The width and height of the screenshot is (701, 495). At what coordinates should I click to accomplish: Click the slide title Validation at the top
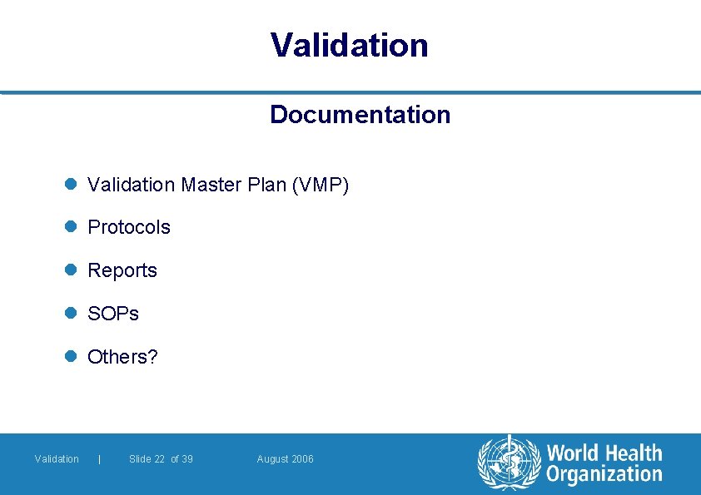(x=350, y=45)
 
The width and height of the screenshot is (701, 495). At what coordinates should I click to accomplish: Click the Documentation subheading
(x=360, y=115)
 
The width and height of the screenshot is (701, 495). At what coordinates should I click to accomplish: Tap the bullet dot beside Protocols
(x=72, y=227)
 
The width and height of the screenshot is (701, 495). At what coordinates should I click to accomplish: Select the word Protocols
(x=129, y=227)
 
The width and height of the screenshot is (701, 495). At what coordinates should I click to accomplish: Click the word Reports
(x=122, y=270)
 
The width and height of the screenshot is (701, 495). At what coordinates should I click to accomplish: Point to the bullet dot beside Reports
(x=72, y=270)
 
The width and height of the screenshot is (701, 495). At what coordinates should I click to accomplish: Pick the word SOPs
(x=113, y=314)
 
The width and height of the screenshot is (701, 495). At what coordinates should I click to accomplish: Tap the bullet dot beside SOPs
(x=72, y=314)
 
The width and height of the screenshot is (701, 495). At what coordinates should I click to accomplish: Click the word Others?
(x=122, y=357)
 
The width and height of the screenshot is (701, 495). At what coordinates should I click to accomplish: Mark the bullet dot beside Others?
(x=72, y=357)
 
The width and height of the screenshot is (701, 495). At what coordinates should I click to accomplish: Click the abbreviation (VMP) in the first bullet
(x=321, y=185)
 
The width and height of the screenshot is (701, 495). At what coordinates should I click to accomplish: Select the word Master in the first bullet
(x=211, y=185)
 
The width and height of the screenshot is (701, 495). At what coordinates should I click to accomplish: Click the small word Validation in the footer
(x=57, y=459)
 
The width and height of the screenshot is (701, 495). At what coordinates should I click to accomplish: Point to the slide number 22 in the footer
(x=159, y=459)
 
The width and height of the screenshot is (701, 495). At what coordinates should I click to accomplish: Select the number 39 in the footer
(x=187, y=459)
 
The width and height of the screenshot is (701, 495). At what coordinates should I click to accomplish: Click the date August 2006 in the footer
(x=286, y=459)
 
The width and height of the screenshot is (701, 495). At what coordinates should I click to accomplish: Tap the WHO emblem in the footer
(x=509, y=463)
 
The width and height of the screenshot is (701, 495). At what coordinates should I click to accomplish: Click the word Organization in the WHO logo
(x=604, y=475)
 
